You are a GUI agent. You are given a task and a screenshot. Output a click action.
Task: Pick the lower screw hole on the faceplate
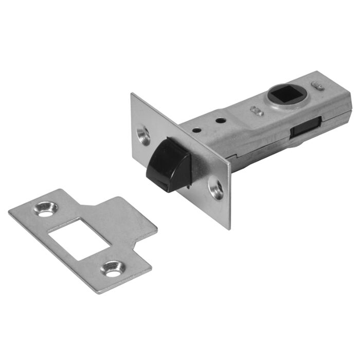(x=216, y=188)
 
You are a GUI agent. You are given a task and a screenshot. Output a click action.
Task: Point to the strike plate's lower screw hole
(x=113, y=269)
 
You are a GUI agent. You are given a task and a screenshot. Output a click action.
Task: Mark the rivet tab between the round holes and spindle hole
(x=255, y=111)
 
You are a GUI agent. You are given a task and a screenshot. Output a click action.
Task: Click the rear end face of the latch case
(x=344, y=105)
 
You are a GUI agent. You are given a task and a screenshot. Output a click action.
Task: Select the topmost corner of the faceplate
(x=132, y=94)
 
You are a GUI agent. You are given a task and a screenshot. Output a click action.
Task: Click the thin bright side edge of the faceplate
(x=228, y=195)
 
